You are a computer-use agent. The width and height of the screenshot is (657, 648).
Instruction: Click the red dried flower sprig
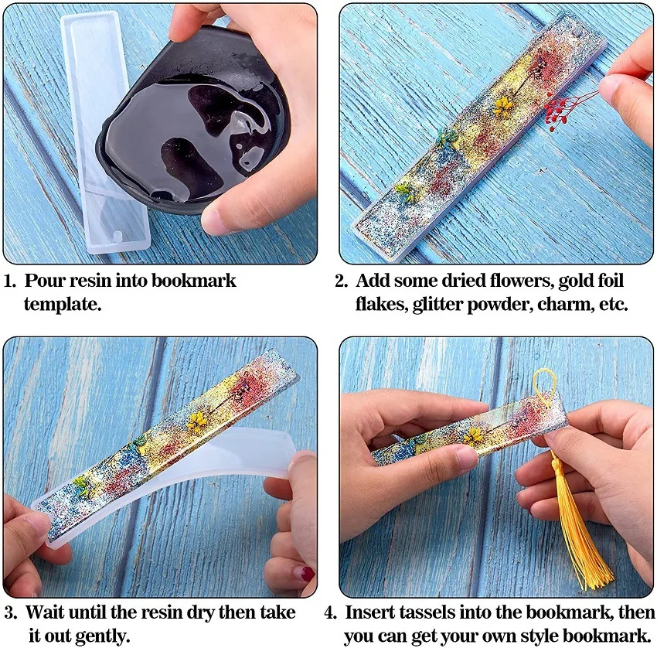click(563, 112)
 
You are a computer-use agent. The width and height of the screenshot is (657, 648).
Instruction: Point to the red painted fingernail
click(307, 574)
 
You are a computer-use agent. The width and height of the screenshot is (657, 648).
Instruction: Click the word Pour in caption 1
click(46, 280)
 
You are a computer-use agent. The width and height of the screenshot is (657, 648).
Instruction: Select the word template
click(62, 304)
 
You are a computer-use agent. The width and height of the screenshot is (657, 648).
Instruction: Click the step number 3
click(9, 612)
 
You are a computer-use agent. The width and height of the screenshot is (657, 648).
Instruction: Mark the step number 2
click(339, 280)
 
